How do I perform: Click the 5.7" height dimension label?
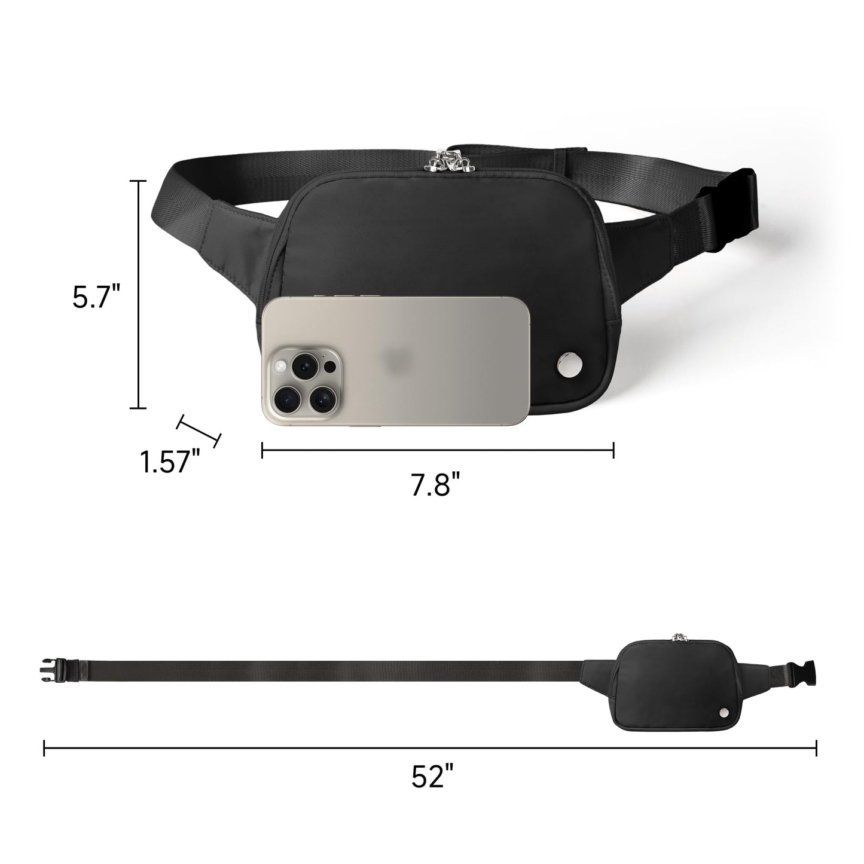click(x=96, y=296)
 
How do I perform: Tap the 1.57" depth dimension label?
click(x=170, y=462)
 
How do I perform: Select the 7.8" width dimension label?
click(x=436, y=484)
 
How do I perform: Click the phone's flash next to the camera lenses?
click(x=280, y=367)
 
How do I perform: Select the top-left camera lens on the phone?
click(x=305, y=365)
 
